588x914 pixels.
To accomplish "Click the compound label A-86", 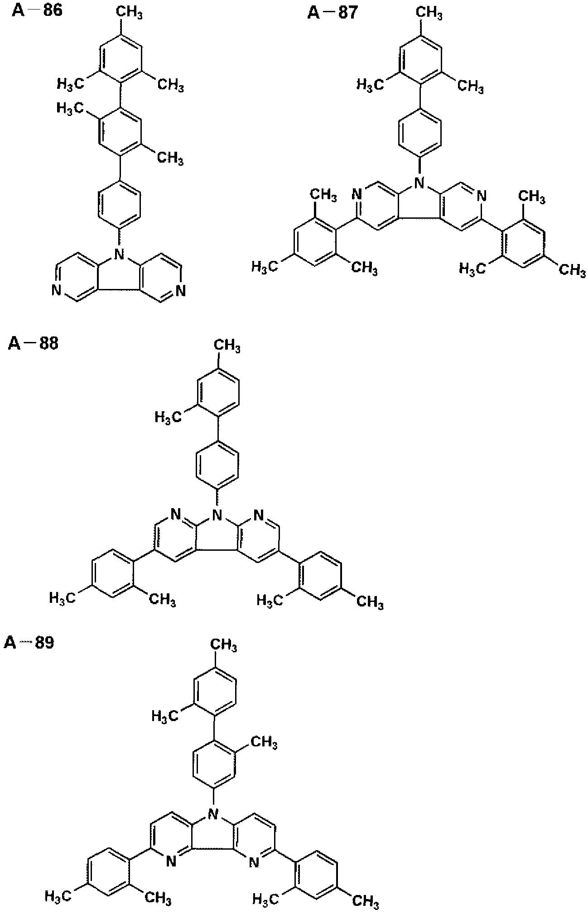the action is [37, 10].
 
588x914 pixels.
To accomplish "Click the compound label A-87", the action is [332, 12].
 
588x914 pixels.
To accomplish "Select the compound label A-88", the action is [33, 344].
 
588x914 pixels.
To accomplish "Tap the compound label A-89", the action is [29, 642].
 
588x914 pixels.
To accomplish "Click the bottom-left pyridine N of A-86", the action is [57, 290].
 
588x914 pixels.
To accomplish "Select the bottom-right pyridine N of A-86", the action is [180, 290].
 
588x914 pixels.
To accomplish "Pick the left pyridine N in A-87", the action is [358, 196].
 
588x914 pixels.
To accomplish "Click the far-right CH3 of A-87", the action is [572, 270].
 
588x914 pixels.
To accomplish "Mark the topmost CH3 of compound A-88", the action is [227, 347].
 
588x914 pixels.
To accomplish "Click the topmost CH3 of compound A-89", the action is [223, 645].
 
